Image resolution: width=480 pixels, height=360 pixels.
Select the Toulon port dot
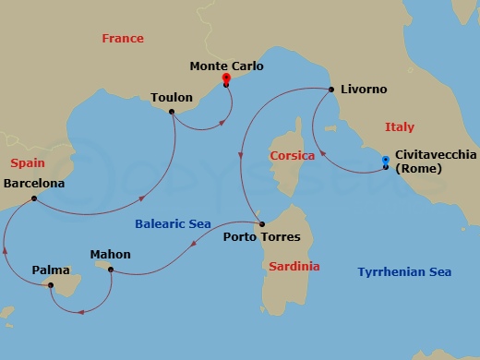pyautogui.click(x=172, y=113)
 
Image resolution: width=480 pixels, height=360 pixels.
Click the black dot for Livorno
pyautogui.click(x=331, y=90)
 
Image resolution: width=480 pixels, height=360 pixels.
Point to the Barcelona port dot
pyautogui.click(x=33, y=198)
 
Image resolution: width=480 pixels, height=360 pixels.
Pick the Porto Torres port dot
pyautogui.click(x=262, y=223)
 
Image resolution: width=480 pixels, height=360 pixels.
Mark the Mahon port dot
pyautogui.click(x=111, y=270)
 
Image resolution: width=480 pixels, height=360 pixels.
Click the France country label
pyautogui.click(x=124, y=39)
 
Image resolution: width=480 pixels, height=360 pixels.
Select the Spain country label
pyautogui.click(x=28, y=163)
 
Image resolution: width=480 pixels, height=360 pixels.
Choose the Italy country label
pyautogui.click(x=399, y=127)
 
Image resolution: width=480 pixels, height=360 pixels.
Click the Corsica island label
pyautogui.click(x=292, y=156)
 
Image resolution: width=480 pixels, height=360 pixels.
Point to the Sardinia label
pyautogui.click(x=295, y=266)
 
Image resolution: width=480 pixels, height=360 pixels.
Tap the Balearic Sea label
pyautogui.click(x=173, y=223)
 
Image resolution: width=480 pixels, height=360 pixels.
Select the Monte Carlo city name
pyautogui.click(x=226, y=66)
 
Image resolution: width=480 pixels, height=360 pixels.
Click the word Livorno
pyautogui.click(x=364, y=90)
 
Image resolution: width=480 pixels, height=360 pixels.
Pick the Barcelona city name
pyautogui.click(x=35, y=184)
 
